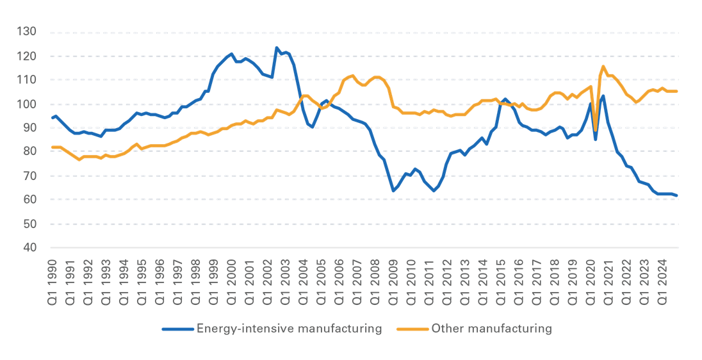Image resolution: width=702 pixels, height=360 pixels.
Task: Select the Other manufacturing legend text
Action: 492,329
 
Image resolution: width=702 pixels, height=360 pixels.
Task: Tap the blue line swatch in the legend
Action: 178,329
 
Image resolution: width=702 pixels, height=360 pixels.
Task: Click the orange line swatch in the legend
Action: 412,329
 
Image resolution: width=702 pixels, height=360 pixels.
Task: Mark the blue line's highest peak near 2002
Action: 276,47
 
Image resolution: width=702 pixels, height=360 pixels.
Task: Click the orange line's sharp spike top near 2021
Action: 603,66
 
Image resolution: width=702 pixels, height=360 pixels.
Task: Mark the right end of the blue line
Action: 678,195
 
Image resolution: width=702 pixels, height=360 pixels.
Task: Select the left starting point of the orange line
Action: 52,147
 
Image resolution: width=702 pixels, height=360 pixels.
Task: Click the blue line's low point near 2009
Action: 393,191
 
